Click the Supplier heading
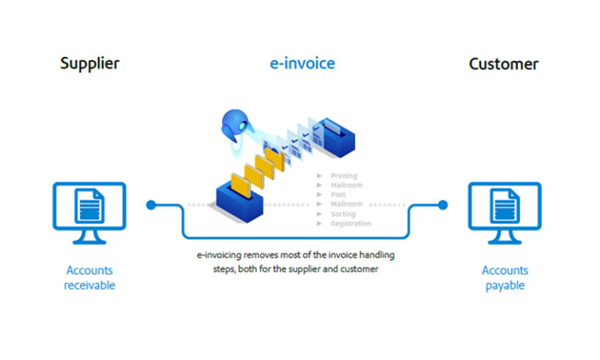[89, 63]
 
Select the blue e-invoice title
[301, 63]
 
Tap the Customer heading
[503, 64]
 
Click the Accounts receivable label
[89, 277]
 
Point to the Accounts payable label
[504, 277]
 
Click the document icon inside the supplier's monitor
[89, 206]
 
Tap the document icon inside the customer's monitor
[504, 206]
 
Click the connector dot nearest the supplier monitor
[151, 205]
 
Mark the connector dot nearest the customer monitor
[443, 205]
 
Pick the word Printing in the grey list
[344, 176]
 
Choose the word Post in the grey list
[338, 195]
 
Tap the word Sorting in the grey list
[343, 214]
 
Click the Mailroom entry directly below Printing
[346, 185]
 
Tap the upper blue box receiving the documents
[335, 136]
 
